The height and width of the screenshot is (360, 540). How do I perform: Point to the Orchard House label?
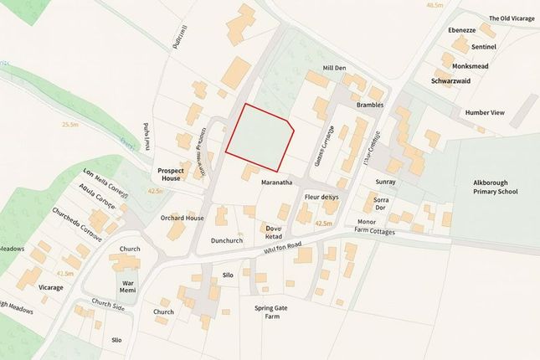[183, 218]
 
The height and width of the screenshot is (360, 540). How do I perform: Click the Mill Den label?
[335, 68]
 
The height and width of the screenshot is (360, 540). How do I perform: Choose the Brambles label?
[369, 105]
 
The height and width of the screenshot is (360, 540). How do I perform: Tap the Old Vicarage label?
[511, 18]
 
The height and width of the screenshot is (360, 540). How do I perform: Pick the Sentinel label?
[484, 47]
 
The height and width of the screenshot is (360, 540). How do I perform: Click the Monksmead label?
[470, 65]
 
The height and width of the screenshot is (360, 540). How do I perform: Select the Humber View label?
[485, 111]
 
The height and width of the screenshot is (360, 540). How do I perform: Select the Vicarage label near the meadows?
[50, 287]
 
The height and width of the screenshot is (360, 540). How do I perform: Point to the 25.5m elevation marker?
[69, 124]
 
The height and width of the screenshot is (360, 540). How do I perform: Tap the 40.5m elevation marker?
[434, 5]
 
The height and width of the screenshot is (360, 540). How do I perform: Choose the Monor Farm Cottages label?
[382, 226]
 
